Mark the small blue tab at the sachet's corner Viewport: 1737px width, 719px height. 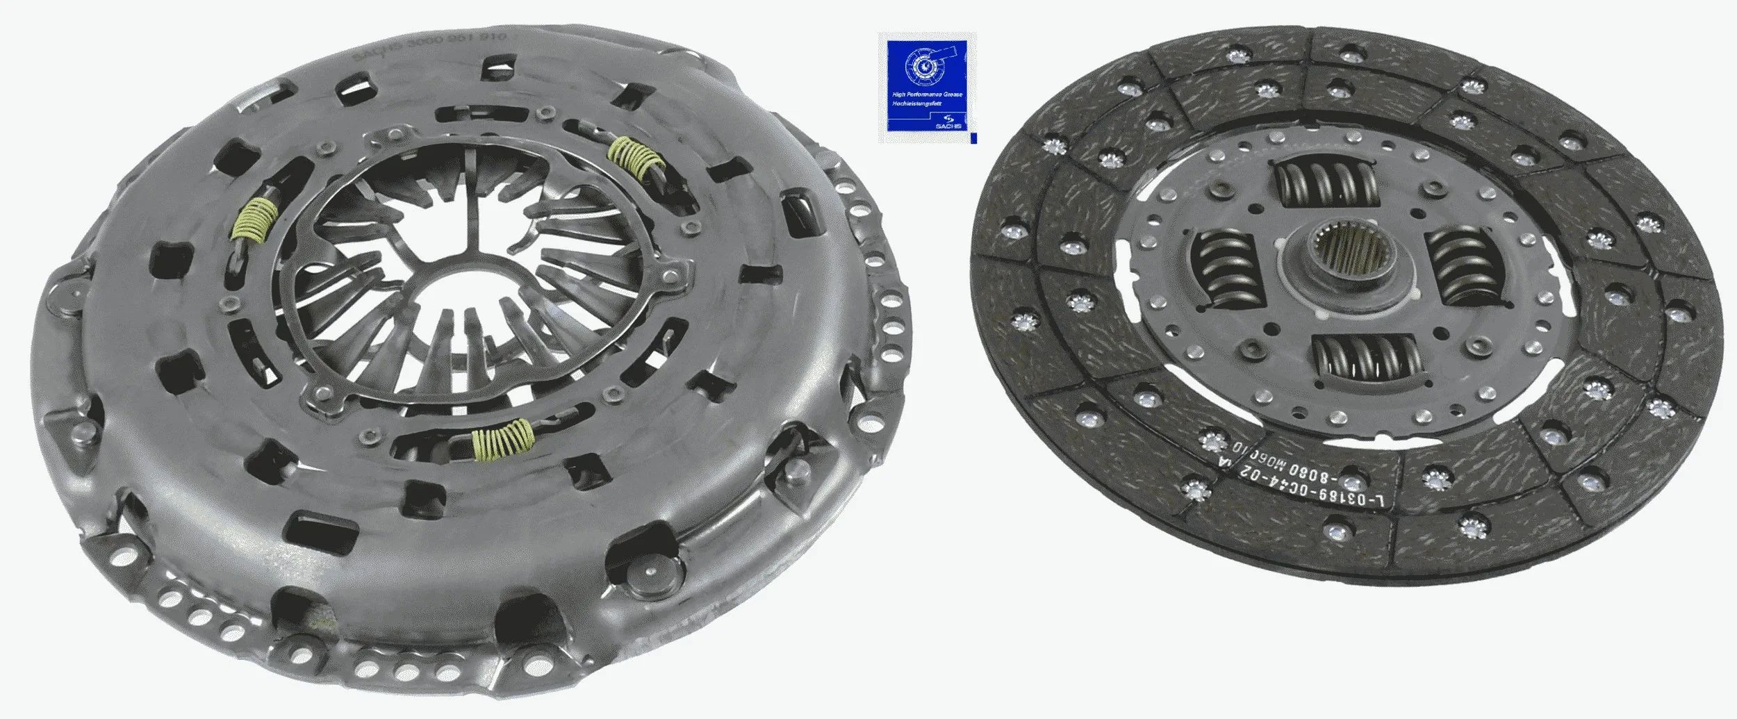click(973, 140)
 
